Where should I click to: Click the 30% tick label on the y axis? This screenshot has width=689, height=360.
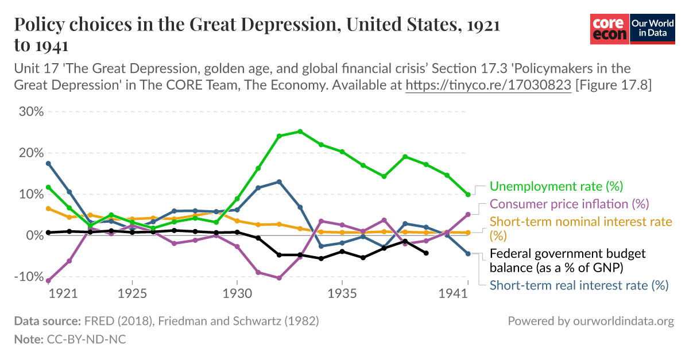point(31,111)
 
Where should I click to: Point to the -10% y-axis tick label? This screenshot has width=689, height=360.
point(29,277)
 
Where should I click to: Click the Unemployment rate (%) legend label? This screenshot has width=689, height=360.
point(556,186)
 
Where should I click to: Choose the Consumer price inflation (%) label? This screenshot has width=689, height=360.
point(568,204)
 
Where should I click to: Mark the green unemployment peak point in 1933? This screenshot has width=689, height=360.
point(300,131)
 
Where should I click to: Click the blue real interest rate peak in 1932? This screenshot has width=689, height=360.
point(279,182)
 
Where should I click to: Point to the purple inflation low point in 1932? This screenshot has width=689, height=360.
point(279,278)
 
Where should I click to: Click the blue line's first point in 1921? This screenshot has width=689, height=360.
point(49,164)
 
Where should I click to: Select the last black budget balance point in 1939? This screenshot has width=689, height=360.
point(426,253)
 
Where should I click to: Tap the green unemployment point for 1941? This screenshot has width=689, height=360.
point(468,195)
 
